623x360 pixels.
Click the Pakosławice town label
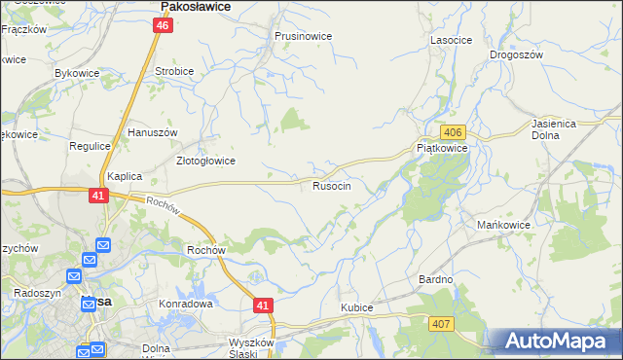click(x=195, y=6)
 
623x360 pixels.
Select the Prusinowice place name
click(x=303, y=36)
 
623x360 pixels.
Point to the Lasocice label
click(x=451, y=41)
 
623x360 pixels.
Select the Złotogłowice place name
click(x=204, y=162)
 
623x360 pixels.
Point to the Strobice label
click(x=175, y=72)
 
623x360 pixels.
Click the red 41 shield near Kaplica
click(x=97, y=196)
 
